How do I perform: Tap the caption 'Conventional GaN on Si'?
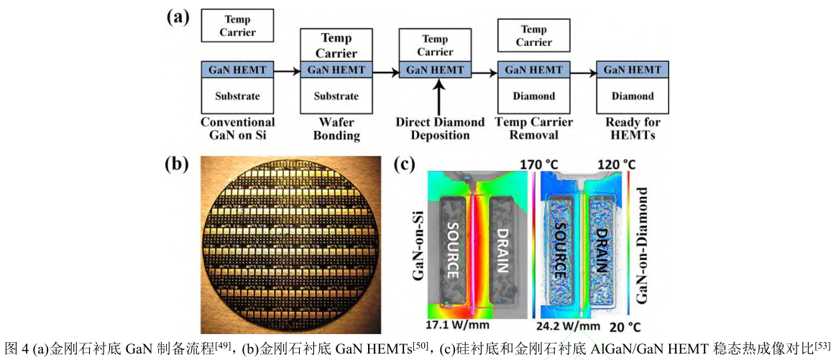pyautogui.click(x=237, y=129)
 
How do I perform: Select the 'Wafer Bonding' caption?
pyautogui.click(x=336, y=129)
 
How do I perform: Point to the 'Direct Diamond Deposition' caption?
pyautogui.click(x=440, y=129)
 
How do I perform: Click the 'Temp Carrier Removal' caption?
pyautogui.click(x=533, y=129)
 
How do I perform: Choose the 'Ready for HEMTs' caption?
pyautogui.click(x=633, y=129)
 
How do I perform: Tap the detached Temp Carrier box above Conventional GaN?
pyautogui.click(x=237, y=26)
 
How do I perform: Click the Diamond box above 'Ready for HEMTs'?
pyautogui.click(x=633, y=96)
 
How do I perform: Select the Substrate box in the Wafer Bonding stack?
pyautogui.click(x=336, y=96)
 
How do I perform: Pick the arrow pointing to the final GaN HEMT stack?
pyautogui.click(x=583, y=70)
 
